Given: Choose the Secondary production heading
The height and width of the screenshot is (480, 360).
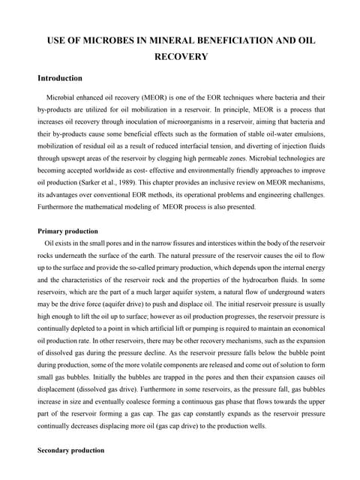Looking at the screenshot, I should [71, 472].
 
